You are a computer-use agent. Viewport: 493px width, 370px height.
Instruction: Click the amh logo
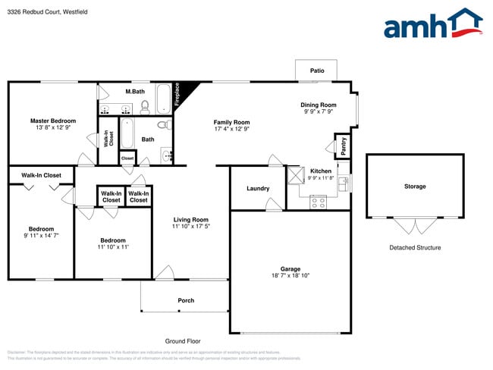coord(433,24)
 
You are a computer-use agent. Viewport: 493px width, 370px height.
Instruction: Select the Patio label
coord(317,71)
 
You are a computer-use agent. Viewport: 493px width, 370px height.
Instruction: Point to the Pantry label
coord(344,146)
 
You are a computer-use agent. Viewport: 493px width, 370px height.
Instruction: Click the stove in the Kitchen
coord(319,202)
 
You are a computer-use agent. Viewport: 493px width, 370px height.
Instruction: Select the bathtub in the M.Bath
coord(164,98)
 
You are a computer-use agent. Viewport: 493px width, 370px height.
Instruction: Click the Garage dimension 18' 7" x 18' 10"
coord(290,275)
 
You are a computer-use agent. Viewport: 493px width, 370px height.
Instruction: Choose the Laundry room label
coord(258,188)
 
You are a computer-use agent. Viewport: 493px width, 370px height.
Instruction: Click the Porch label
coord(186,300)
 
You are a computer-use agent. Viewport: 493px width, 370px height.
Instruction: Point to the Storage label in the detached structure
coord(415,187)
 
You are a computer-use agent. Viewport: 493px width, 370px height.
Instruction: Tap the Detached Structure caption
coord(415,248)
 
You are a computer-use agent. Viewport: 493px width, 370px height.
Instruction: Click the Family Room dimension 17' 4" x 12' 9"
coord(231,129)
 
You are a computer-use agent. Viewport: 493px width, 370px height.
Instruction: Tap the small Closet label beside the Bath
coord(127,158)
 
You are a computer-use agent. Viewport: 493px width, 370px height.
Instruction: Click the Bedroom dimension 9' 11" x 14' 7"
coord(41,236)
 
